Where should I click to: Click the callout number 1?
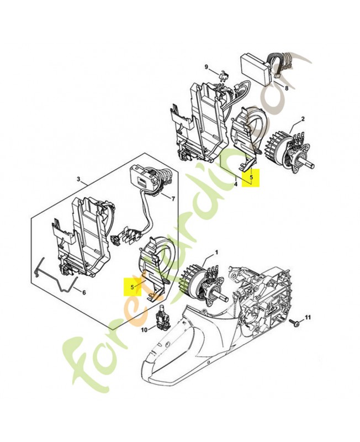pos(216,252)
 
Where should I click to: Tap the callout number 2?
pos(303,119)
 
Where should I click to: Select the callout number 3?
pos(78,178)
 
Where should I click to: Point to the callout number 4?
pos(236,184)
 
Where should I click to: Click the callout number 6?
pos(84,293)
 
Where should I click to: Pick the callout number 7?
pos(173,199)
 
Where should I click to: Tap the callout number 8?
pos(287,88)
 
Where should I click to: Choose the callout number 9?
pos(206,67)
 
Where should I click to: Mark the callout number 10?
pos(144,330)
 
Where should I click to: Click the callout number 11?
pos(308,317)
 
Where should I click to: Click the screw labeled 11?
pos(294,322)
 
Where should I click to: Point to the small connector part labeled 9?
pos(224,77)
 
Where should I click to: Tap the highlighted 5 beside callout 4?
pos(252,177)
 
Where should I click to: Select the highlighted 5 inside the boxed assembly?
pos(132,287)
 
